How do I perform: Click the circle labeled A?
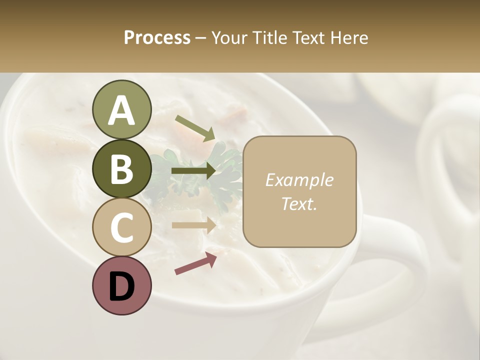coord(121,109)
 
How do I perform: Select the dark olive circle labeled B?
coord(121,168)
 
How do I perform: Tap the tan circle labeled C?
coord(121,227)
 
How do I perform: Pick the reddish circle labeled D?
coord(121,285)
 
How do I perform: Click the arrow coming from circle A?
coord(194,127)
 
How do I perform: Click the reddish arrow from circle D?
coord(195,263)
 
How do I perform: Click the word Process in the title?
coord(157,37)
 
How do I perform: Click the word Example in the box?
coord(299,180)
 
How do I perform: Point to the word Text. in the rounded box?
coord(299,203)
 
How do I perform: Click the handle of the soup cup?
coord(400,260)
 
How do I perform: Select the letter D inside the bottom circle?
coord(121,287)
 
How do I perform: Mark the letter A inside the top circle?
coord(121,111)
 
